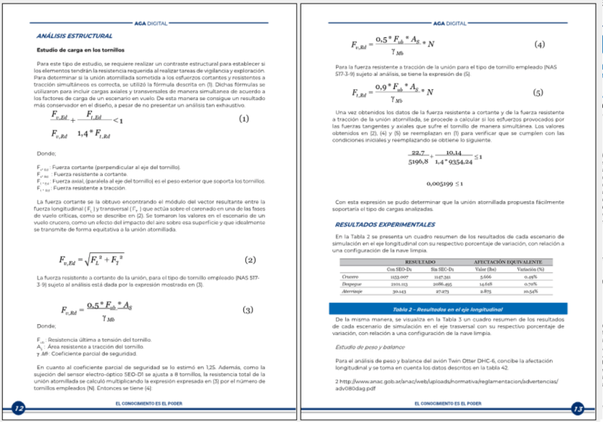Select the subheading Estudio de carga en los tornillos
tap(80, 50)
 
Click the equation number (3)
tap(248, 310)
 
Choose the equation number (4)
tap(540, 45)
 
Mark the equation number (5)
tap(538, 93)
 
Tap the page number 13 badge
tap(577, 408)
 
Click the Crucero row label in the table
tap(350, 276)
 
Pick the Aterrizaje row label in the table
tap(352, 291)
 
